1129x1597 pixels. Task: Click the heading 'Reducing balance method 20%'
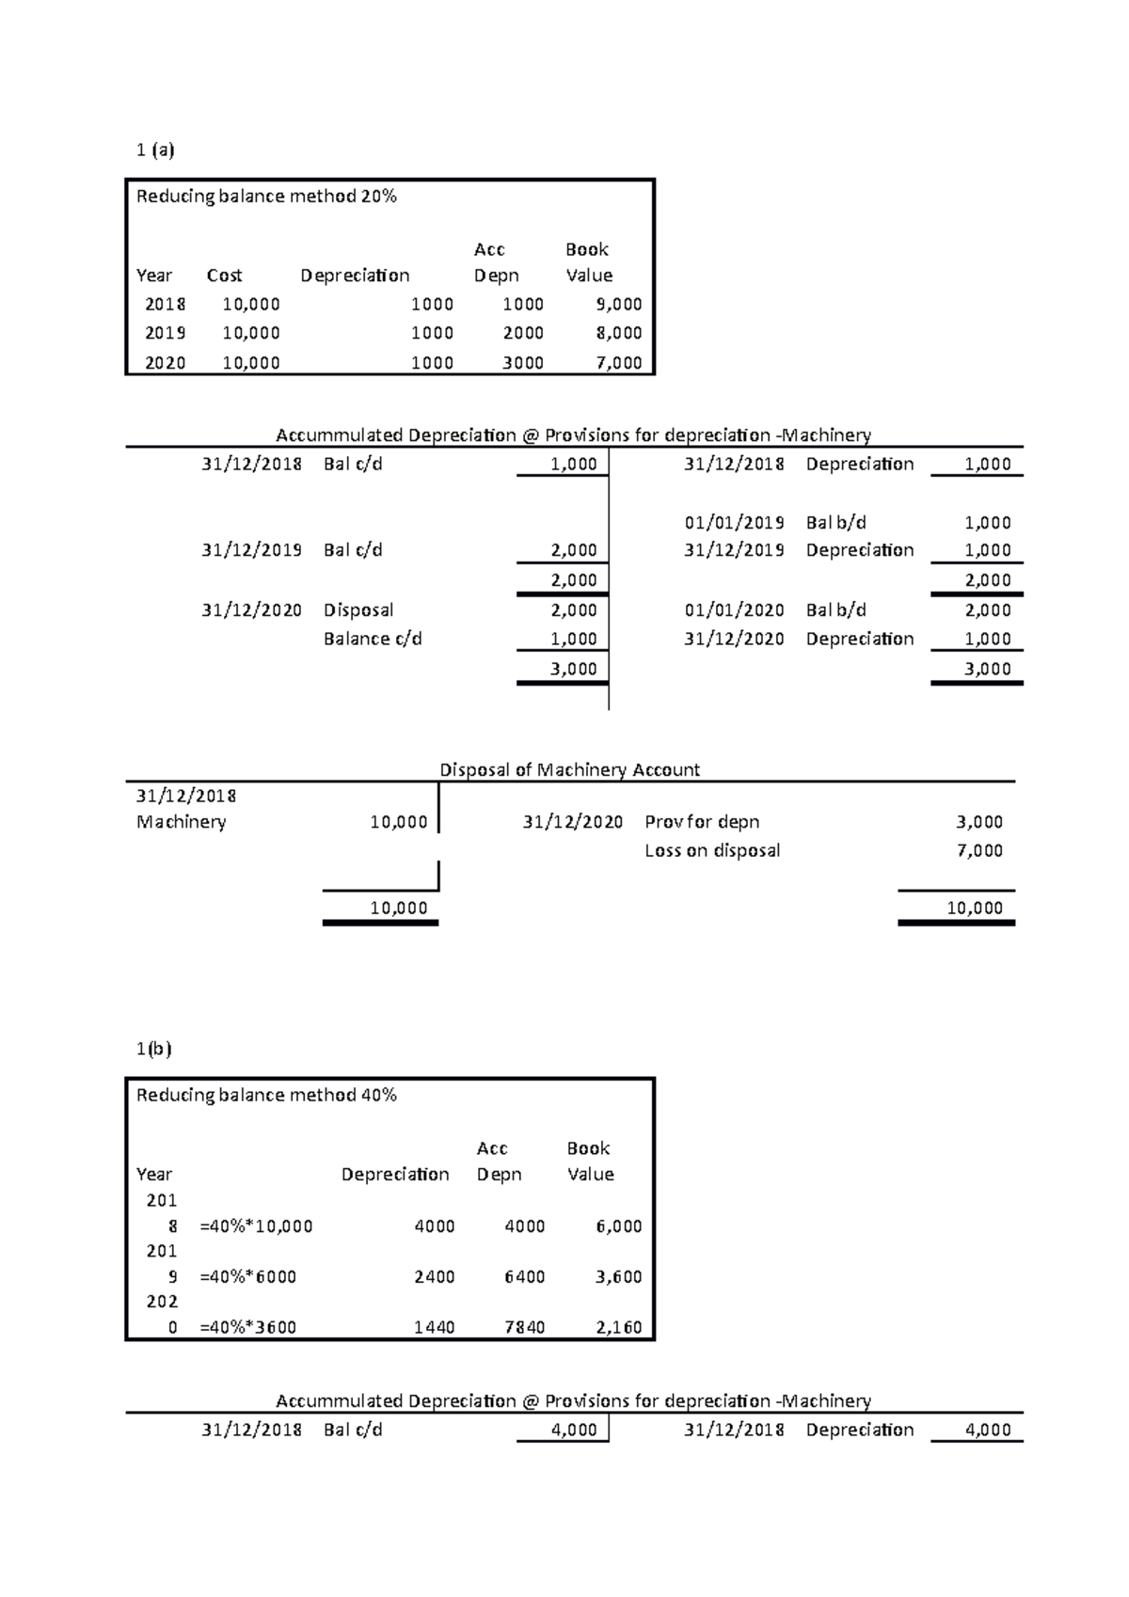[266, 197]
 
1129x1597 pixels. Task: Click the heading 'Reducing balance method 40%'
[266, 1096]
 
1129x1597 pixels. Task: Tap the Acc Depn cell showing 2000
[523, 333]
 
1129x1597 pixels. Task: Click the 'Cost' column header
[224, 276]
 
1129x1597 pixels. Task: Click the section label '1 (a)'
[155, 150]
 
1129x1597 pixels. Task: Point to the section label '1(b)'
[153, 1050]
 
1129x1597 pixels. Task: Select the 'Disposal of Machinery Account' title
[569, 770]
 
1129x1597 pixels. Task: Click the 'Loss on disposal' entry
[712, 851]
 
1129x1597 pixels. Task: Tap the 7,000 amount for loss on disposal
[979, 851]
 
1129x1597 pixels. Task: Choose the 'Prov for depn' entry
[702, 822]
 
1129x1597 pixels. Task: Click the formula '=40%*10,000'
[256, 1226]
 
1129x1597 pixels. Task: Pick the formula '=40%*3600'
[247, 1328]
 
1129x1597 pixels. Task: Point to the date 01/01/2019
[734, 523]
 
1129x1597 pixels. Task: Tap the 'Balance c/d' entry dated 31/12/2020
[373, 640]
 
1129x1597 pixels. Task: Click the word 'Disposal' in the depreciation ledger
[358, 610]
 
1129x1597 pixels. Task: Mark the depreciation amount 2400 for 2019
[435, 1277]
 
